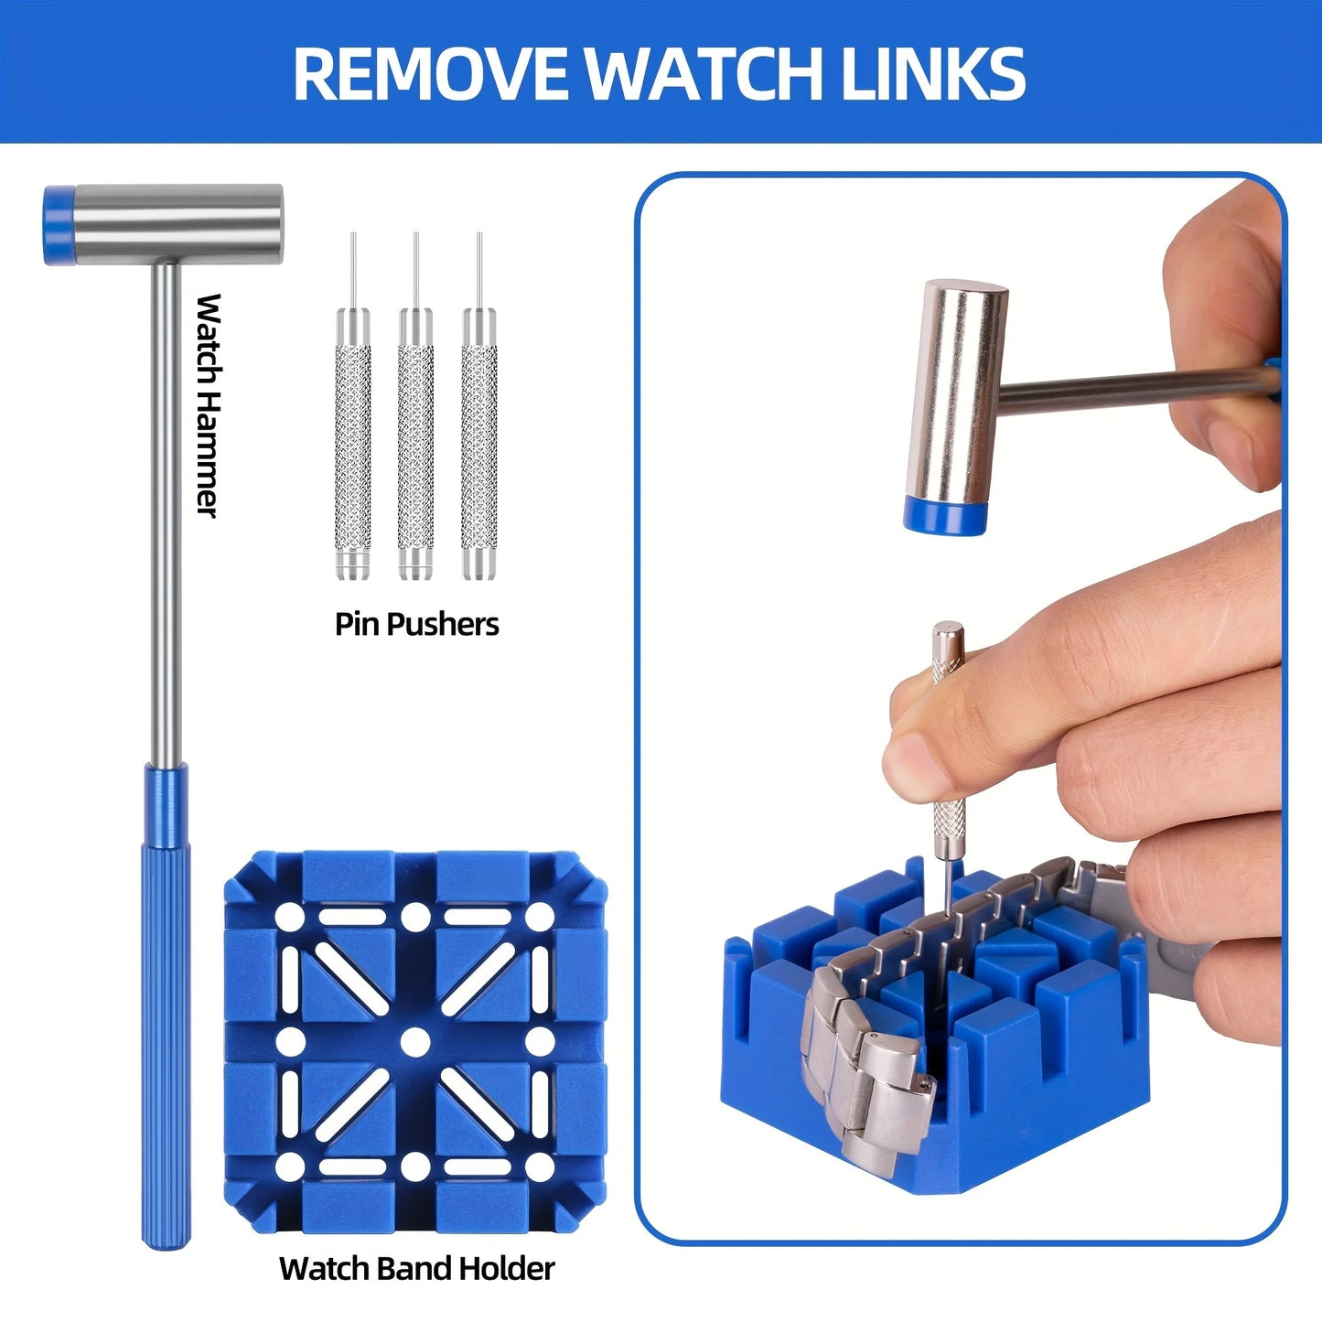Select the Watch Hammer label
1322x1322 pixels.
coord(210,405)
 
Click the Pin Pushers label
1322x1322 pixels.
coord(416,624)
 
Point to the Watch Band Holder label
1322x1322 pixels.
coord(416,1269)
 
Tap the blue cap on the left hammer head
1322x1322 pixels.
coord(59,225)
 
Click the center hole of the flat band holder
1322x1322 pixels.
coord(415,1041)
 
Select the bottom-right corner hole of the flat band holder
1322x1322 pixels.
coord(541,1166)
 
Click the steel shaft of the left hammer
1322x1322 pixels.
coord(166,512)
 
